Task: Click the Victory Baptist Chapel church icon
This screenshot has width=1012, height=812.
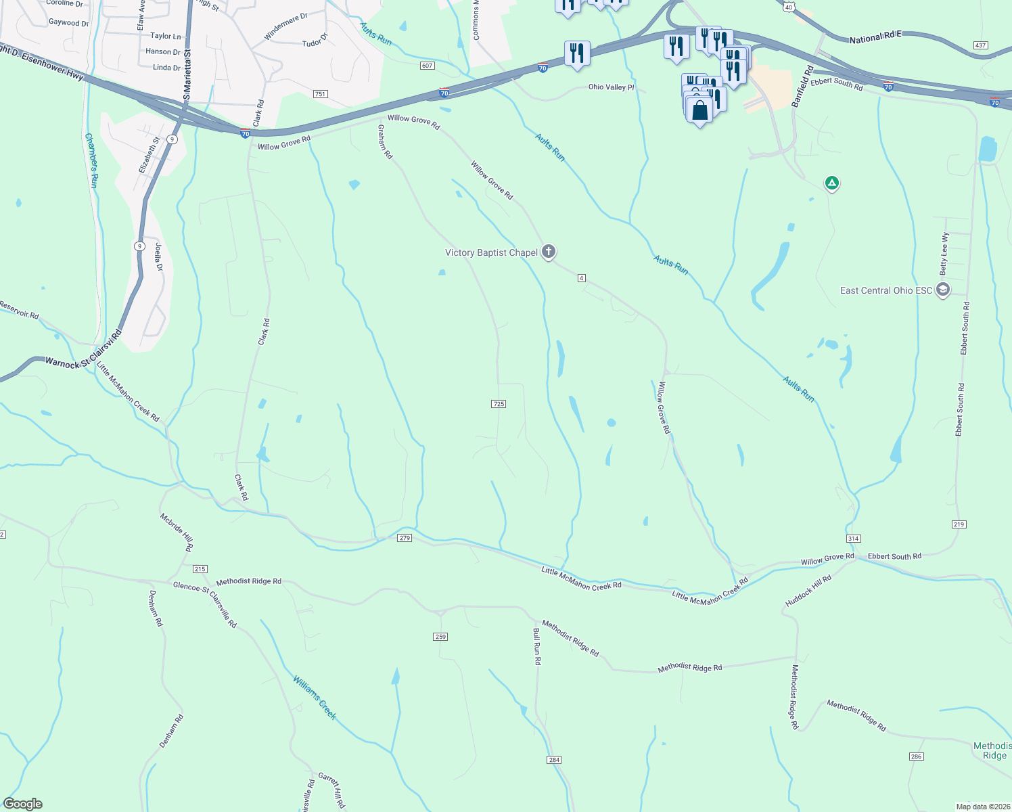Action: click(x=549, y=252)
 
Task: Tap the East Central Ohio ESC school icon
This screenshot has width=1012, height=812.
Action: click(x=943, y=290)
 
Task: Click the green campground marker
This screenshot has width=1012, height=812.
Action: click(x=832, y=183)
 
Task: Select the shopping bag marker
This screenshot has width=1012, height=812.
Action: click(x=700, y=110)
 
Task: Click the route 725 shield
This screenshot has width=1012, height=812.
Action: click(x=499, y=404)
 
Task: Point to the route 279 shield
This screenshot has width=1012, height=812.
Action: click(x=405, y=538)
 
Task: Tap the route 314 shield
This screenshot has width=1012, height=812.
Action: click(x=853, y=539)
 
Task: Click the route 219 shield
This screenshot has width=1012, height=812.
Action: click(x=959, y=524)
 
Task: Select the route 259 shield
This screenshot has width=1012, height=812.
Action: click(x=440, y=637)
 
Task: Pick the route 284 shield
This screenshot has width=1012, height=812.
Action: click(x=555, y=760)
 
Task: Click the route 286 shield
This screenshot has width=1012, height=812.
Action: click(x=917, y=757)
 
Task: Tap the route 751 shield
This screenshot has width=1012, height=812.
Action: click(x=321, y=94)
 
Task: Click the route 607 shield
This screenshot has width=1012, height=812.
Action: click(x=427, y=66)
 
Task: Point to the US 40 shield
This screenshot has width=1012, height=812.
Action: click(x=789, y=7)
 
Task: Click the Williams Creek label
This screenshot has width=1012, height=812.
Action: click(x=315, y=698)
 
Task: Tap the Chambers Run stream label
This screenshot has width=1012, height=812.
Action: click(x=92, y=160)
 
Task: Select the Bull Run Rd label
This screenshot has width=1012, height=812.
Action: click(x=537, y=647)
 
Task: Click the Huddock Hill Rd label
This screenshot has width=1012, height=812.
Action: click(x=808, y=591)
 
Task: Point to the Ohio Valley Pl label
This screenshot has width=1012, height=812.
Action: click(x=612, y=87)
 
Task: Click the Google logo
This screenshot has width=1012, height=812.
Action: click(x=23, y=804)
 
